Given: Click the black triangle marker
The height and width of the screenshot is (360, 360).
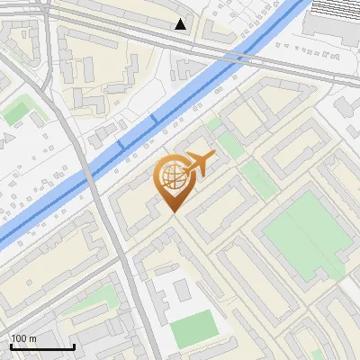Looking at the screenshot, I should click(x=182, y=23).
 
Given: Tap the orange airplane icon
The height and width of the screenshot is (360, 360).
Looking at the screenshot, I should click(x=197, y=164).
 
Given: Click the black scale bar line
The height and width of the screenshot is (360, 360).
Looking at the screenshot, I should click(x=42, y=346).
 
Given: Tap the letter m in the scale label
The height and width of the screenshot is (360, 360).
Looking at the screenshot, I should click(x=32, y=338).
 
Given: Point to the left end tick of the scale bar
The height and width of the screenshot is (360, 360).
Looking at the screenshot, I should click(x=11, y=345).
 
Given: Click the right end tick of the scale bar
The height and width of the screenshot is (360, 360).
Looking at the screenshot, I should click(x=74, y=345).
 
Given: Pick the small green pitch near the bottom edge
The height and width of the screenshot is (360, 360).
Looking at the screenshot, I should click(x=193, y=329).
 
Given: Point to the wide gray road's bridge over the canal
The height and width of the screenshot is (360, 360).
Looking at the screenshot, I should click(x=87, y=175).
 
